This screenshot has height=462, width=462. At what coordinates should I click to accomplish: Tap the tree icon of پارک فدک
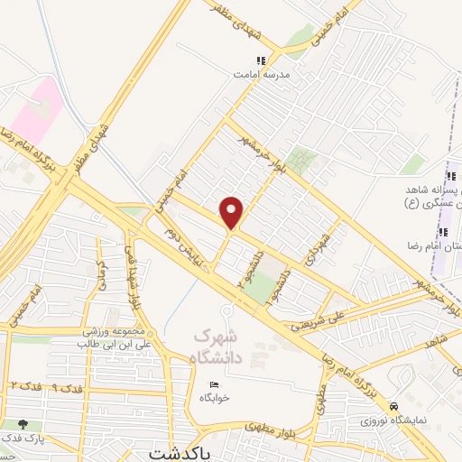click(23, 424)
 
